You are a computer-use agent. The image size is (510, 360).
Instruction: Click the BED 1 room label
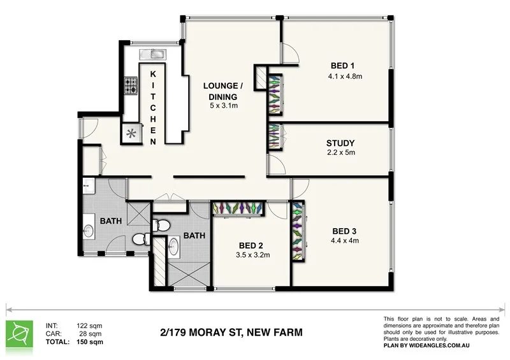(x=342, y=65)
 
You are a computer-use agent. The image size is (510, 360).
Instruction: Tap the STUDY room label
(x=340, y=143)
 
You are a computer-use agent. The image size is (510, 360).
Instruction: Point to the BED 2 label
(x=251, y=245)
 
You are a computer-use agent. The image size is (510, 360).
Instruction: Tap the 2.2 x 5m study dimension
(x=340, y=153)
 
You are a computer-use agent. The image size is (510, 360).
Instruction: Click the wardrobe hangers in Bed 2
(x=237, y=208)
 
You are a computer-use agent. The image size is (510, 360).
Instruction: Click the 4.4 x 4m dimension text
(x=345, y=241)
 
